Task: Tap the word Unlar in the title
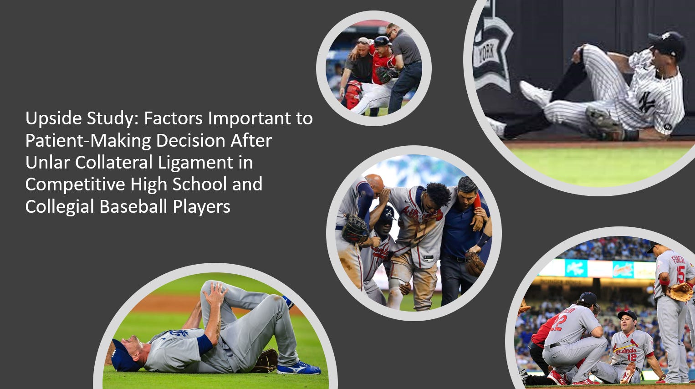click(48, 163)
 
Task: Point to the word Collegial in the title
click(59, 207)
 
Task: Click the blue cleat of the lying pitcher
click(298, 368)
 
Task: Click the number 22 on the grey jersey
click(558, 323)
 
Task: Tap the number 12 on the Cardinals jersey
click(631, 357)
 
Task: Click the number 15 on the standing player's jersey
click(680, 274)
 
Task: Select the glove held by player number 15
click(680, 292)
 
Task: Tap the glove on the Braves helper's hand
click(355, 228)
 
